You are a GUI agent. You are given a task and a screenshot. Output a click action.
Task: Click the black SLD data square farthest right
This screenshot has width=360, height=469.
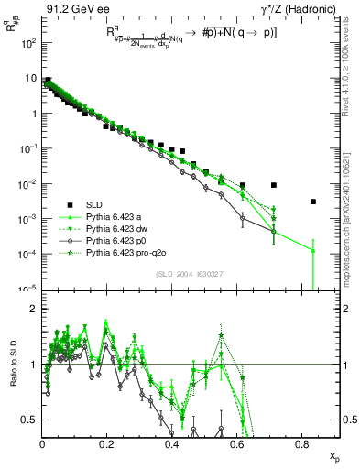313,202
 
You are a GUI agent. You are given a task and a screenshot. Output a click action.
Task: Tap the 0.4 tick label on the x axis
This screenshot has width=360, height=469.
172,444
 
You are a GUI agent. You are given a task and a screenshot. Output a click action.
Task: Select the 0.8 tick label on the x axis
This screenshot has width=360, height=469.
302,444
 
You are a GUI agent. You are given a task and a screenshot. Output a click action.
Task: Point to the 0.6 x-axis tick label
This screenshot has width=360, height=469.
237,444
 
